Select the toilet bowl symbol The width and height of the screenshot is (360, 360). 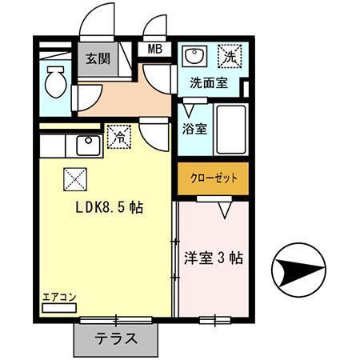click(x=55, y=81)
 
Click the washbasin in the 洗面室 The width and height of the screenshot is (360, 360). click(x=193, y=57)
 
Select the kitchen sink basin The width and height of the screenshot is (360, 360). click(x=86, y=146)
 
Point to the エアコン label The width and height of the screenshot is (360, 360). click(x=59, y=298)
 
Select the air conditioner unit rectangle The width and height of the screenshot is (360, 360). click(x=59, y=307)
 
